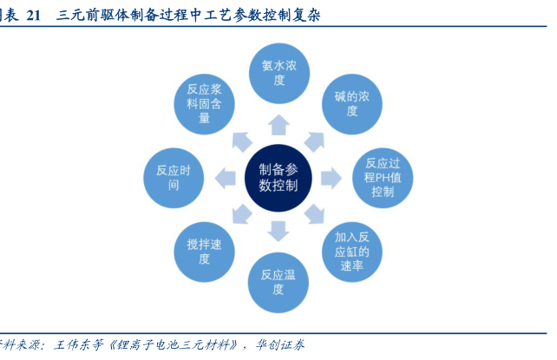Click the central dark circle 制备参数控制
(x=278, y=178)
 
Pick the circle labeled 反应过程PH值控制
(x=383, y=177)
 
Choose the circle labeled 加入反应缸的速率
(x=351, y=251)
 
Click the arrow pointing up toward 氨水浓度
(x=278, y=121)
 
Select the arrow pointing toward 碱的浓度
(x=314, y=140)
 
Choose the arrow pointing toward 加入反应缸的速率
(x=314, y=214)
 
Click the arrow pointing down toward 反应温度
(x=278, y=231)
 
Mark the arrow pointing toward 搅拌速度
(x=241, y=214)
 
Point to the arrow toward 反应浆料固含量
(x=241, y=140)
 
